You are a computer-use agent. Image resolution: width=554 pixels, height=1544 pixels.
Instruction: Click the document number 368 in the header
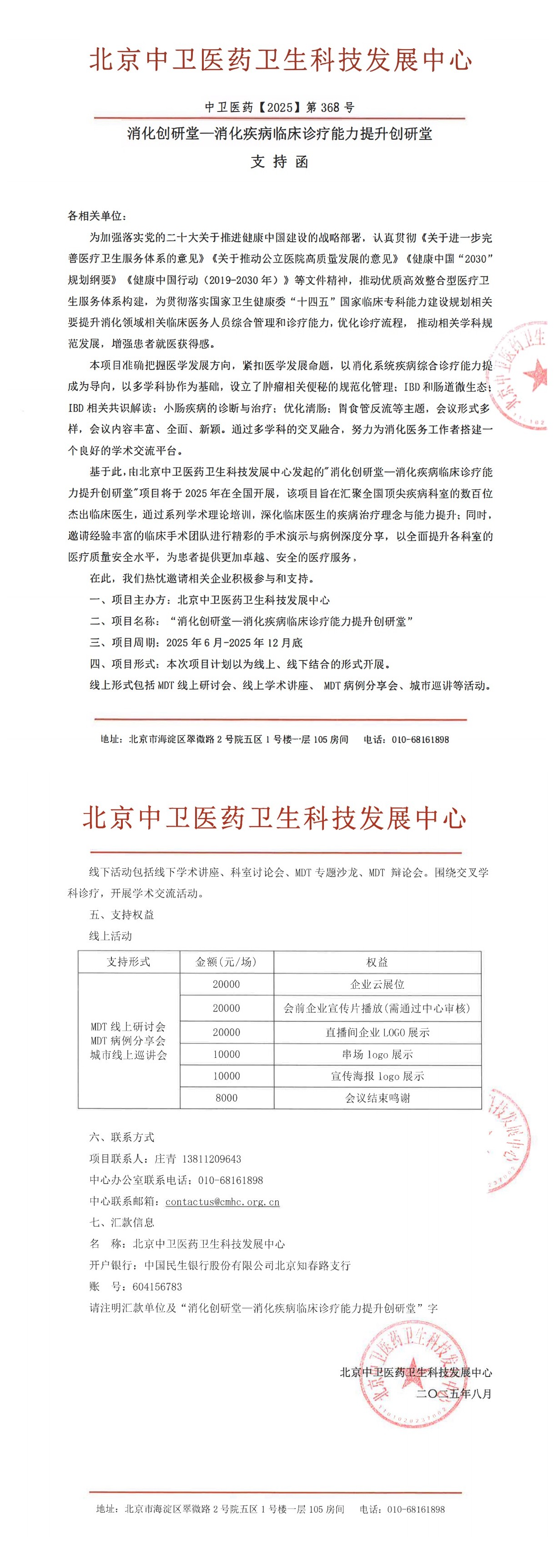[330, 107]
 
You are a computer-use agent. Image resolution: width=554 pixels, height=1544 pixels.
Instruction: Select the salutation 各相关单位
[96, 216]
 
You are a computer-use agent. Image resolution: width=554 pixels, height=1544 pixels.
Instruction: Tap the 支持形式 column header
[128, 962]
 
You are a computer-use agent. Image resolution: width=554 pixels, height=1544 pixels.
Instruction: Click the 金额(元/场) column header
[227, 962]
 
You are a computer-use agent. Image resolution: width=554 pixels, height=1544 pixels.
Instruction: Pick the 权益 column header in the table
[378, 962]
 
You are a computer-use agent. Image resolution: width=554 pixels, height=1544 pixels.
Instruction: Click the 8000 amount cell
[227, 1098]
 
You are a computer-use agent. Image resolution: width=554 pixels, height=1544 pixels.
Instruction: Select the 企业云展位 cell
[378, 984]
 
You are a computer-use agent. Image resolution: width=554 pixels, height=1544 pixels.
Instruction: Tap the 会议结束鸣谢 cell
[378, 1098]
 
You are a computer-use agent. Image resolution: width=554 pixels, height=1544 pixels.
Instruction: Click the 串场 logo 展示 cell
[378, 1054]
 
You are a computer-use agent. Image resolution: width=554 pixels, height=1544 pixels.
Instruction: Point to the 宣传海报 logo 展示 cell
[378, 1076]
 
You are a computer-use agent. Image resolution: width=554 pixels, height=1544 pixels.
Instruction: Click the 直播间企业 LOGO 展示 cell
[378, 1032]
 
